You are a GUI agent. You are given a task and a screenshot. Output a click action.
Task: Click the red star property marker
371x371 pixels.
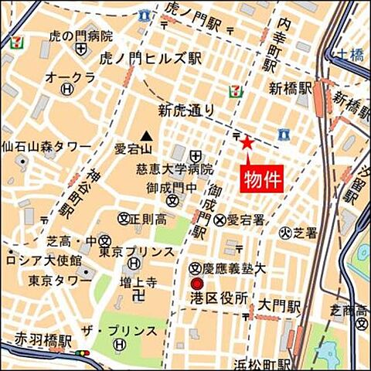click(x=247, y=142)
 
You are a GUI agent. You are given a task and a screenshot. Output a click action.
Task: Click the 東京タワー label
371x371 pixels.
click(x=59, y=280)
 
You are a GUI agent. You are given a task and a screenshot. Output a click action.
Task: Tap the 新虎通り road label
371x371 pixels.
click(x=186, y=110)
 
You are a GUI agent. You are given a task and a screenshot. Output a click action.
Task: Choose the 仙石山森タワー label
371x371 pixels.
click(x=46, y=145)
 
